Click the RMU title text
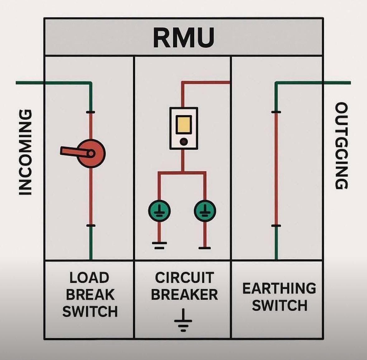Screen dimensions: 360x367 [184, 37]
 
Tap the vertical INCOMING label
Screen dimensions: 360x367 [26, 152]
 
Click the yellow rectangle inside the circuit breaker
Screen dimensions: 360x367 [183, 124]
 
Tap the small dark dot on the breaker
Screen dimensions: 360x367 [184, 142]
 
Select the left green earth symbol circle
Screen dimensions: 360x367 [159, 211]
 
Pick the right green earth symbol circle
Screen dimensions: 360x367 [205, 211]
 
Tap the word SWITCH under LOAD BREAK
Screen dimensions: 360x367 [90, 312]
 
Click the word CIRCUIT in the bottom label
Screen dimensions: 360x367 [184, 278]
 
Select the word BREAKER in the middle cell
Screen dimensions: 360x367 [184, 295]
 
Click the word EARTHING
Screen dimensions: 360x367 [279, 289]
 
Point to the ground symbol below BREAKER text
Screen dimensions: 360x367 [183, 320]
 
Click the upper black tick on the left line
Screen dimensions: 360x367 [91, 112]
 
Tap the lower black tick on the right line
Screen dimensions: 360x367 [276, 226]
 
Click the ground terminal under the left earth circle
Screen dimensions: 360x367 [159, 246]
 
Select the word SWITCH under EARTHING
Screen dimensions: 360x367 [279, 306]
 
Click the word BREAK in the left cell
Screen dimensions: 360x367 [90, 295]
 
